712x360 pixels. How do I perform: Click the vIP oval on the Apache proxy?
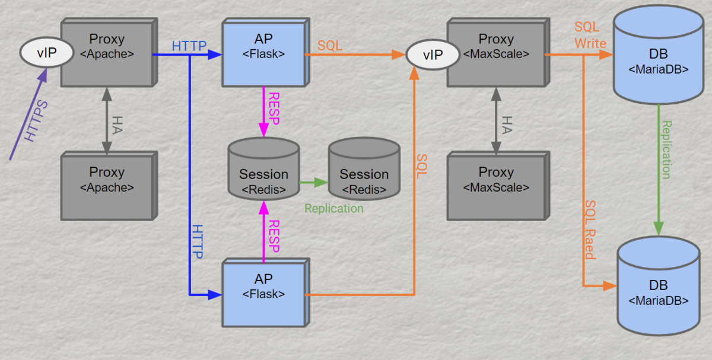[47, 53]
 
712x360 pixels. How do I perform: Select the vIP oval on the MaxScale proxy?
[433, 55]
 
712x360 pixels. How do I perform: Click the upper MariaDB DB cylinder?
[659, 59]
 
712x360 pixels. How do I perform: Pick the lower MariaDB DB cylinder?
[659, 291]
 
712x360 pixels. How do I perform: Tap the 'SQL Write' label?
[590, 36]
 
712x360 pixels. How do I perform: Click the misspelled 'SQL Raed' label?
[590, 229]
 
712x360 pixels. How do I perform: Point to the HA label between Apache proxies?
[117, 124]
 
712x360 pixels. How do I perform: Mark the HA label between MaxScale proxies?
[506, 124]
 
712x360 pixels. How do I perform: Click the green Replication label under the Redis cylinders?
[334, 209]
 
